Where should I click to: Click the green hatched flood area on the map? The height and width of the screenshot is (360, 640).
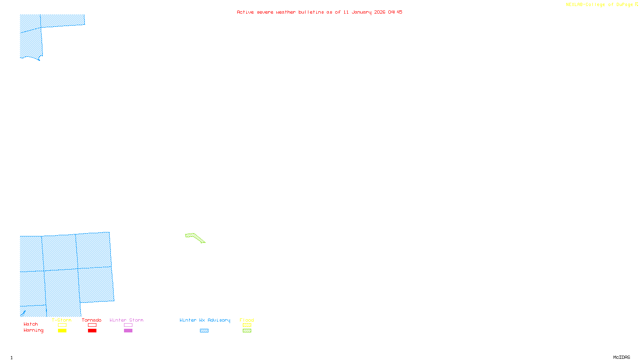coord(194,237)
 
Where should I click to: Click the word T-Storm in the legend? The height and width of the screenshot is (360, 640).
coord(62,320)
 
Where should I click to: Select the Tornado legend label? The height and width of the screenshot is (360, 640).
coord(92,320)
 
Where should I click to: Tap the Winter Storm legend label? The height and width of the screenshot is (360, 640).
coord(126,320)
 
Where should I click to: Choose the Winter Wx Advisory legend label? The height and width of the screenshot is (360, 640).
coord(205,320)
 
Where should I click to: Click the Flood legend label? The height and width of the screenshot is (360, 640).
coord(247,320)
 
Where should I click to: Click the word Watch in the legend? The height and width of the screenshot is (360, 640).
coord(31,324)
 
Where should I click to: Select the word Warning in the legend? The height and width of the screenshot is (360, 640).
coord(33,330)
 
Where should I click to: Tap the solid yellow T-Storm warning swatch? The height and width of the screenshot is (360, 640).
coord(62,331)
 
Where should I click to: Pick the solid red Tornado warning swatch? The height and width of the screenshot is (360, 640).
coord(92,331)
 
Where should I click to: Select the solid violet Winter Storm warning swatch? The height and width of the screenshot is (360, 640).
coord(128,331)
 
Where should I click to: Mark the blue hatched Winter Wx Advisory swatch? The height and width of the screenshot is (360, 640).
coord(204,331)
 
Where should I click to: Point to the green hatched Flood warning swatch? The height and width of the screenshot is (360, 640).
coord(247,331)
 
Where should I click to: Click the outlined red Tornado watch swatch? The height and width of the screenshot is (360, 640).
coord(92,325)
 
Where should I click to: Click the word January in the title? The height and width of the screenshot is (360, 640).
coord(361,12)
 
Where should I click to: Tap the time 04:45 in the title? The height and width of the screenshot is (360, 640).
coord(395,12)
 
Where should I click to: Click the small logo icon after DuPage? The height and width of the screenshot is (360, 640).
coord(636,4)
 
